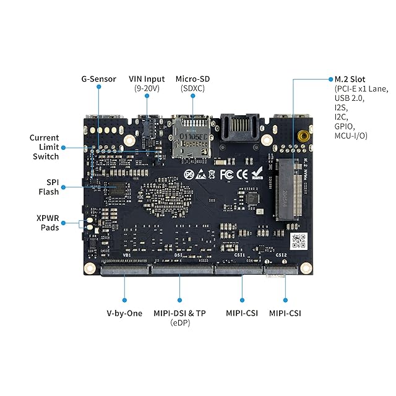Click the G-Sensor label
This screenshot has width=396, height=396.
pos(99,79)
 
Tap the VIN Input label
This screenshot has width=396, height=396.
pos(147,79)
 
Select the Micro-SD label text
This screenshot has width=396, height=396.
pos(193,79)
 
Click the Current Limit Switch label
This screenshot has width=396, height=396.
pos(45,147)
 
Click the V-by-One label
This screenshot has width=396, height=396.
pos(124,313)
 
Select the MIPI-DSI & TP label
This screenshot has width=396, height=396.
pos(179,313)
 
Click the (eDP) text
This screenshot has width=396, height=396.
pos(179,323)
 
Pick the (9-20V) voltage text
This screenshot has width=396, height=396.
pos(147,88)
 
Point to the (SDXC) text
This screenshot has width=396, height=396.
pos(193,88)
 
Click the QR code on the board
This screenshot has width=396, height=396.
pos(298,240)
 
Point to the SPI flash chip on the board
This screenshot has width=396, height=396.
pos(115,188)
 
